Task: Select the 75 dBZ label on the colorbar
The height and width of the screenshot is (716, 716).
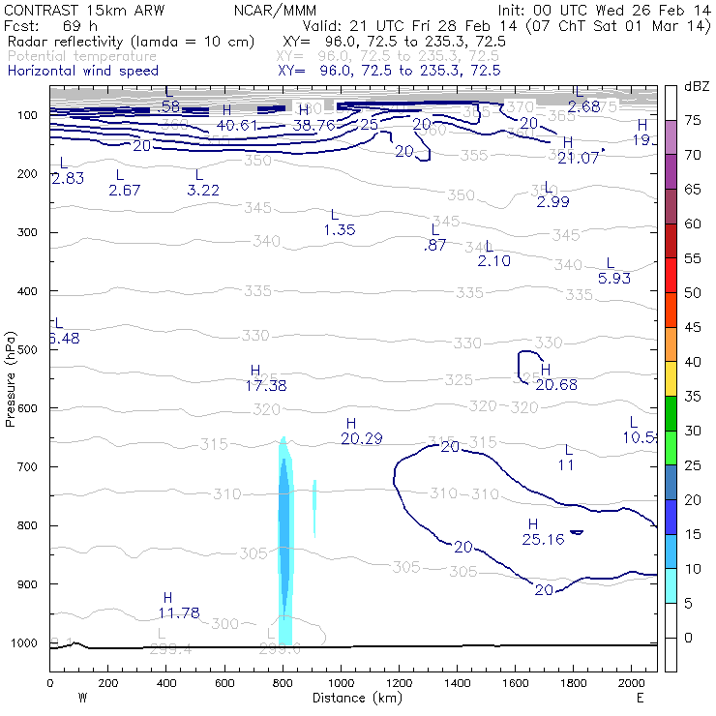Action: click(694, 121)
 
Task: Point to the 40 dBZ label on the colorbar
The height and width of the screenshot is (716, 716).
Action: click(694, 362)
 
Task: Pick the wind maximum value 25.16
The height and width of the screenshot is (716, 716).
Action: click(543, 539)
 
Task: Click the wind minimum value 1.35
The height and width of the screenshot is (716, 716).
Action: click(340, 229)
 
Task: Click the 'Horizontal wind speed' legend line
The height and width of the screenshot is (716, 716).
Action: click(83, 71)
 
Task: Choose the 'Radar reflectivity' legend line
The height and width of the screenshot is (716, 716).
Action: click(131, 43)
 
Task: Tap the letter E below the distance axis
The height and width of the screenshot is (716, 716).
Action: click(640, 698)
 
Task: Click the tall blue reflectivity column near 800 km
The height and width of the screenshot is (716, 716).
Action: click(284, 542)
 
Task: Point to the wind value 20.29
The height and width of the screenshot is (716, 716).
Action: click(362, 438)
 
